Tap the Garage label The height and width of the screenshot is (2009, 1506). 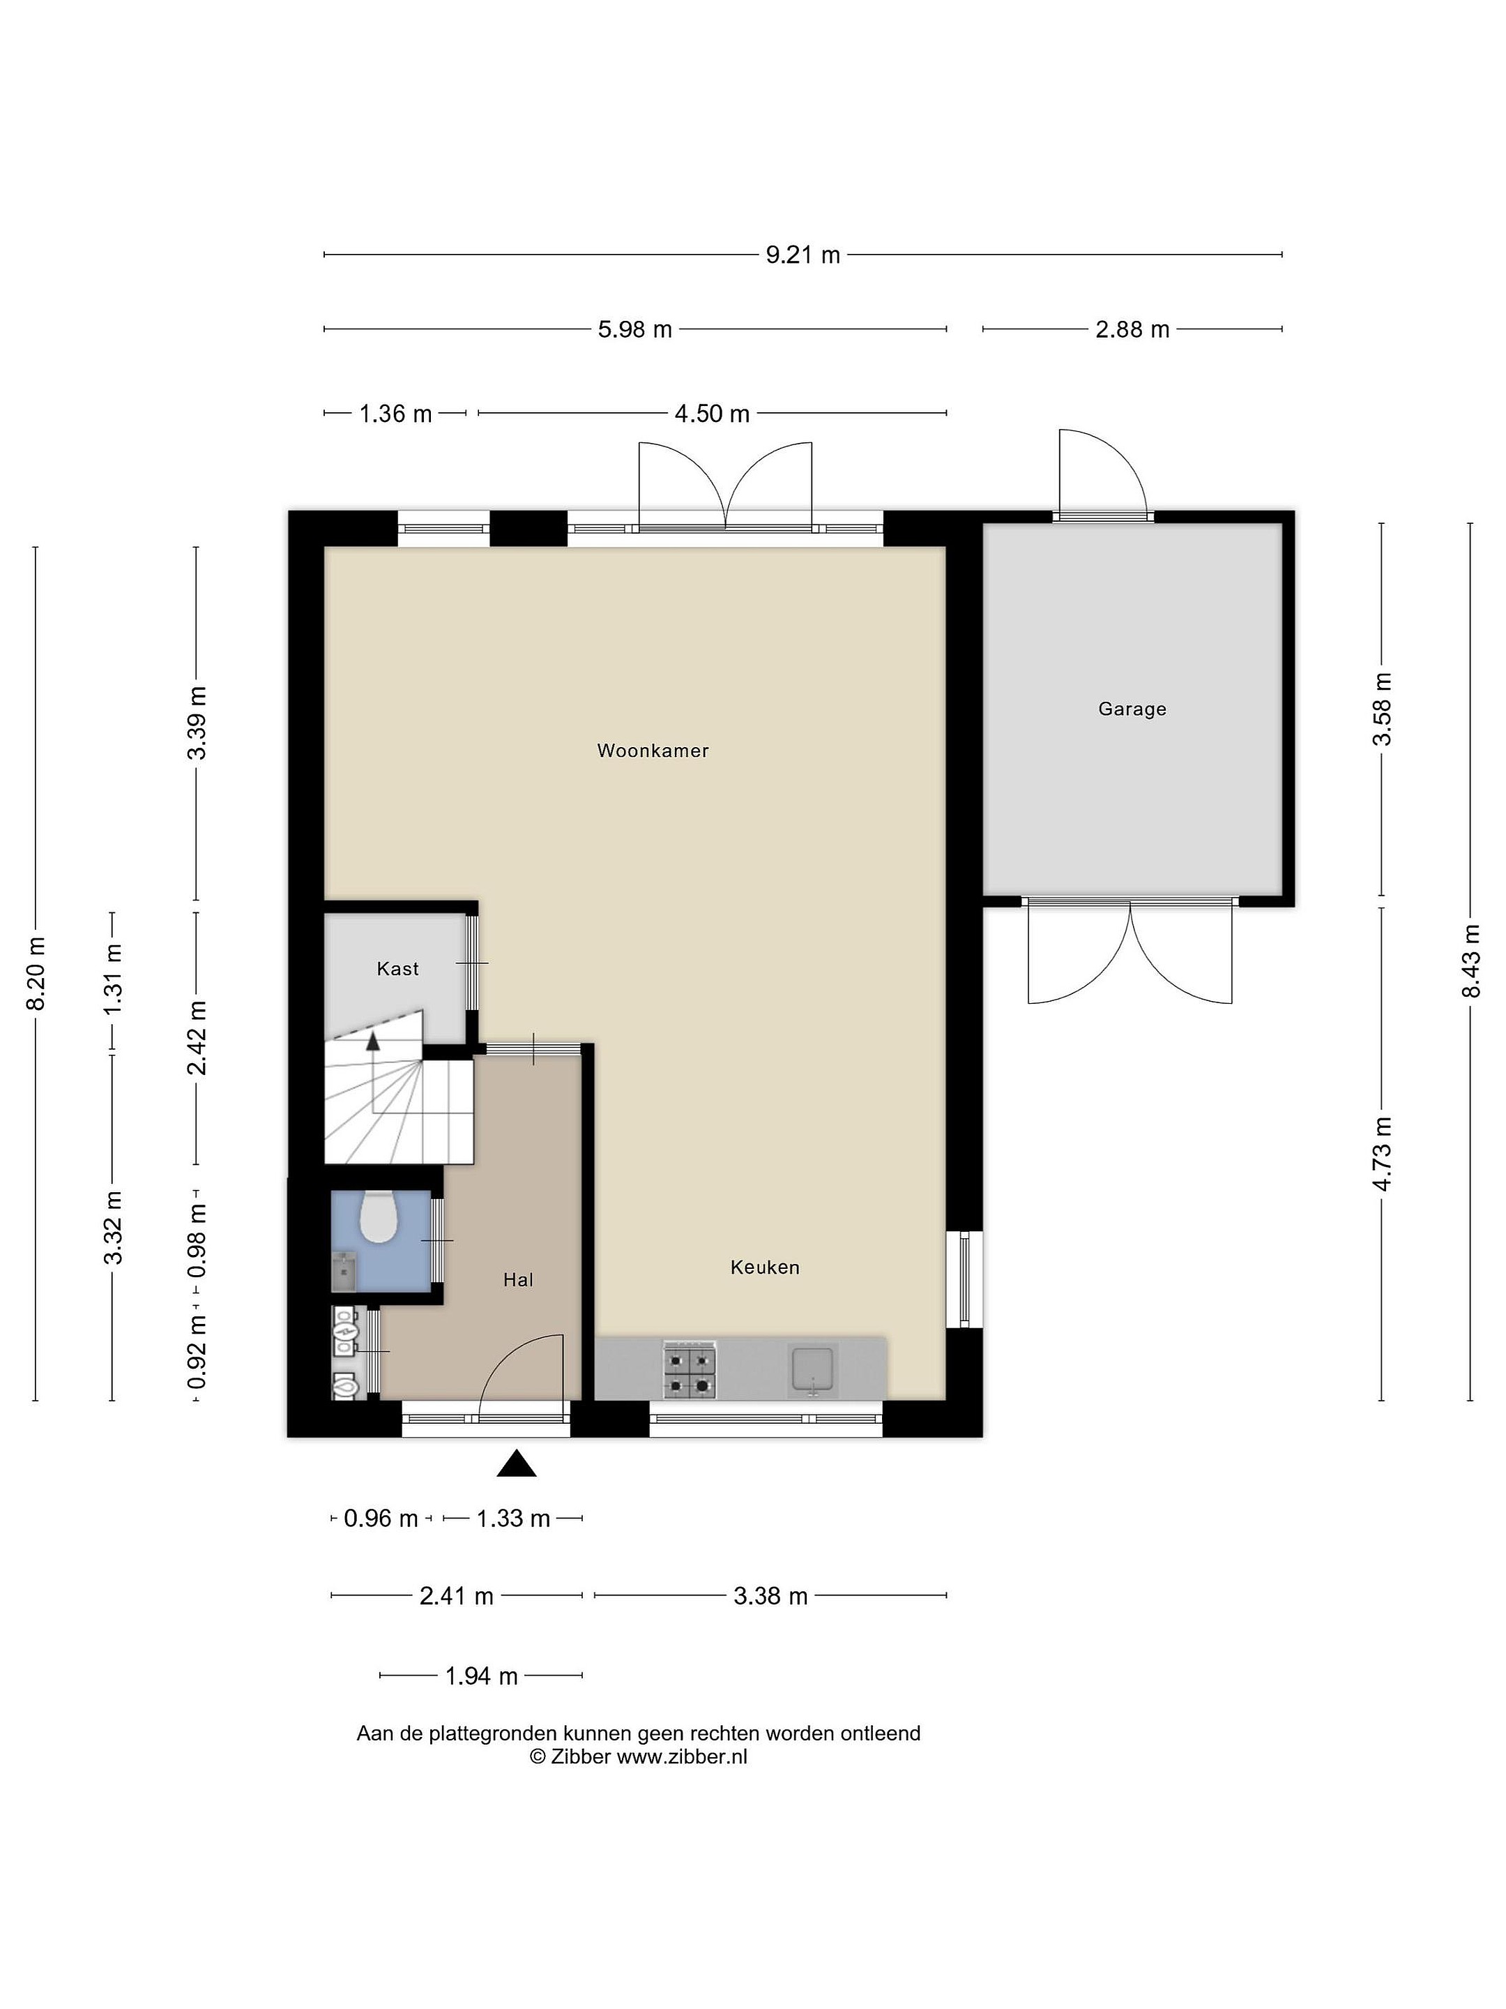coord(1132,709)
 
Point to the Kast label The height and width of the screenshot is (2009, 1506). coord(397,969)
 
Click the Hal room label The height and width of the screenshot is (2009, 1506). coord(518,1280)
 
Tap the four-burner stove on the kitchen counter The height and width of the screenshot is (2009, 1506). coord(690,1369)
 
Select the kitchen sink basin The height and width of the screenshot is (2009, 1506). coord(812,1369)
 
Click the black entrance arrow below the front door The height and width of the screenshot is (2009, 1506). coord(517,1464)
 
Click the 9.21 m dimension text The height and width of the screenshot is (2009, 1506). coord(803,255)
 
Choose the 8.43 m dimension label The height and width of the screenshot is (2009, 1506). coord(1470,961)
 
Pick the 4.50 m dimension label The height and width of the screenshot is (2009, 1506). coord(712,414)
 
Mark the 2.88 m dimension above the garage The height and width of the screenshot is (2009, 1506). coord(1132,330)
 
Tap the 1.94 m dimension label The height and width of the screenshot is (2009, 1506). coord(481,1676)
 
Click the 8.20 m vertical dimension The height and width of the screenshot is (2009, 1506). coord(36,974)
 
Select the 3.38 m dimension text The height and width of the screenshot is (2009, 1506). coord(770,1596)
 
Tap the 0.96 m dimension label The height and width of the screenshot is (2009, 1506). coord(381,1518)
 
